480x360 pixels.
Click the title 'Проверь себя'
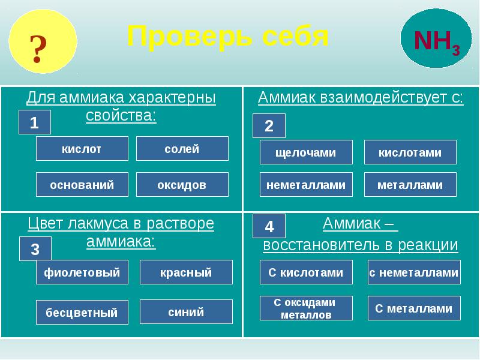coord(227,37)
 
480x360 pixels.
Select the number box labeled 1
coord(34,122)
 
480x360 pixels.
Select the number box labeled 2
coord(268,126)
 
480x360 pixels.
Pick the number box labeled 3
coord(34,248)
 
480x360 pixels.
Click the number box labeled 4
coord(268,226)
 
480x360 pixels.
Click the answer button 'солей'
coord(182,149)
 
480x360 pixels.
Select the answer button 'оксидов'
coord(182,185)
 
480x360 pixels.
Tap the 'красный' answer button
coord(185,272)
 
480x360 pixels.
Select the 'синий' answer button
coord(185,311)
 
